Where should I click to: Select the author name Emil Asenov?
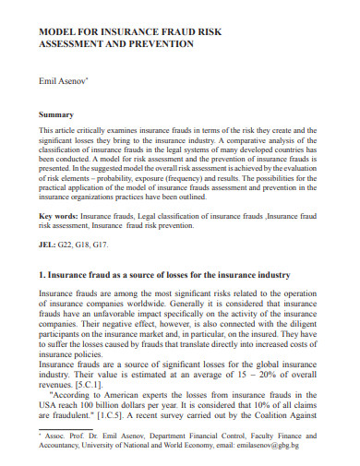63,81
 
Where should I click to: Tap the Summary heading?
54,114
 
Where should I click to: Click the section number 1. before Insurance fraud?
42,275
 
